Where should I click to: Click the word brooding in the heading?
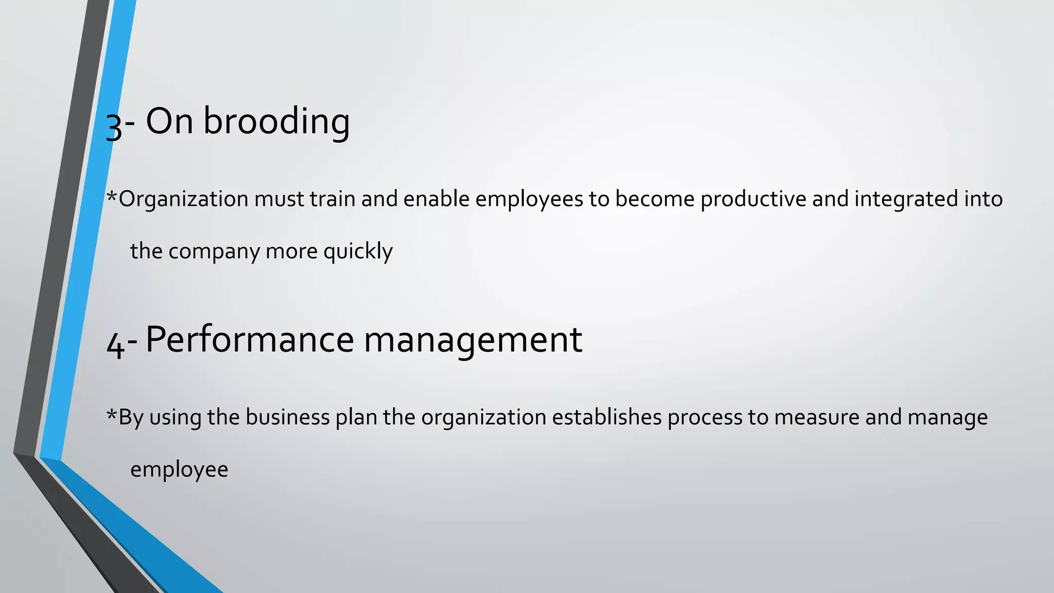[x=276, y=121]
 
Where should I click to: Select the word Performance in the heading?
[x=249, y=340]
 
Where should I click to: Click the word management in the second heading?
[x=472, y=341]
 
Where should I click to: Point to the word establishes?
[x=607, y=417]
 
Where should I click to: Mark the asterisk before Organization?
[x=111, y=196]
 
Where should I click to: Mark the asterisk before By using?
[x=111, y=414]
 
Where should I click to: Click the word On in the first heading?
[x=169, y=121]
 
